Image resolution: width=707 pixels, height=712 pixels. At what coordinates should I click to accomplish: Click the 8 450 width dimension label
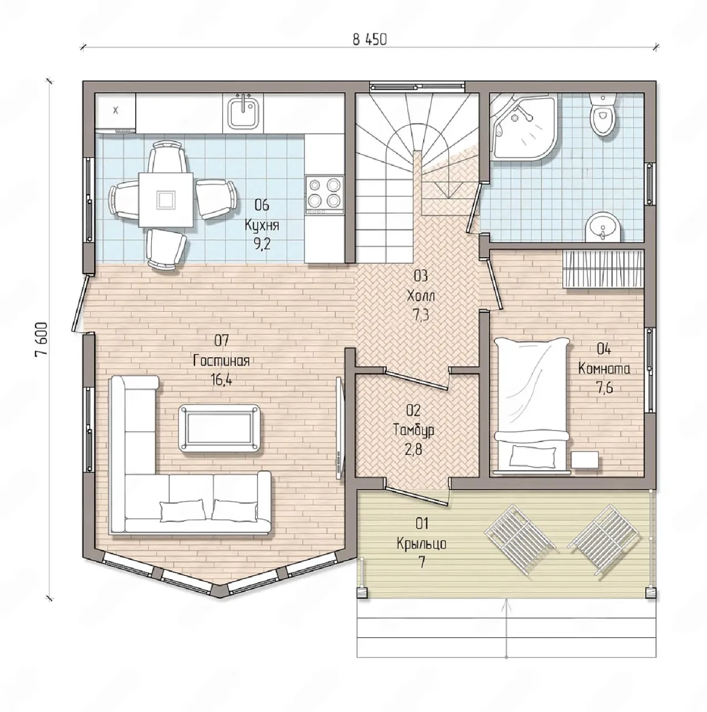(x=369, y=39)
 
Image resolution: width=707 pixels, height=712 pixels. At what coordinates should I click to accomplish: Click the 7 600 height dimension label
(x=41, y=339)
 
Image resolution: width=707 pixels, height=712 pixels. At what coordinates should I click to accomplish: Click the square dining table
(x=166, y=200)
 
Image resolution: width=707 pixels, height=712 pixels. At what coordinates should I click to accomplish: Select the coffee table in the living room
(x=220, y=428)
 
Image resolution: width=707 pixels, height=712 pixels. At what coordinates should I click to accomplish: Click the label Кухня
(x=261, y=225)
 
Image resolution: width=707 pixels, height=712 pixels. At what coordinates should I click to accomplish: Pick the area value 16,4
(x=222, y=379)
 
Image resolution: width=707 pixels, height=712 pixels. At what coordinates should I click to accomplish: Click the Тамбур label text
(x=413, y=430)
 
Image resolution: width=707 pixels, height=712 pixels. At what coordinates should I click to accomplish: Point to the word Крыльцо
(x=422, y=544)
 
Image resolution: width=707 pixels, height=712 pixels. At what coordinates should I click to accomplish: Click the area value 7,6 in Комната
(x=604, y=388)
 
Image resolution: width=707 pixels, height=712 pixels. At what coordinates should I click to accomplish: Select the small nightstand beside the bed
(x=585, y=461)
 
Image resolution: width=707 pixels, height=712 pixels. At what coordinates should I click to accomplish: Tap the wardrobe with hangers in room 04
(x=603, y=269)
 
